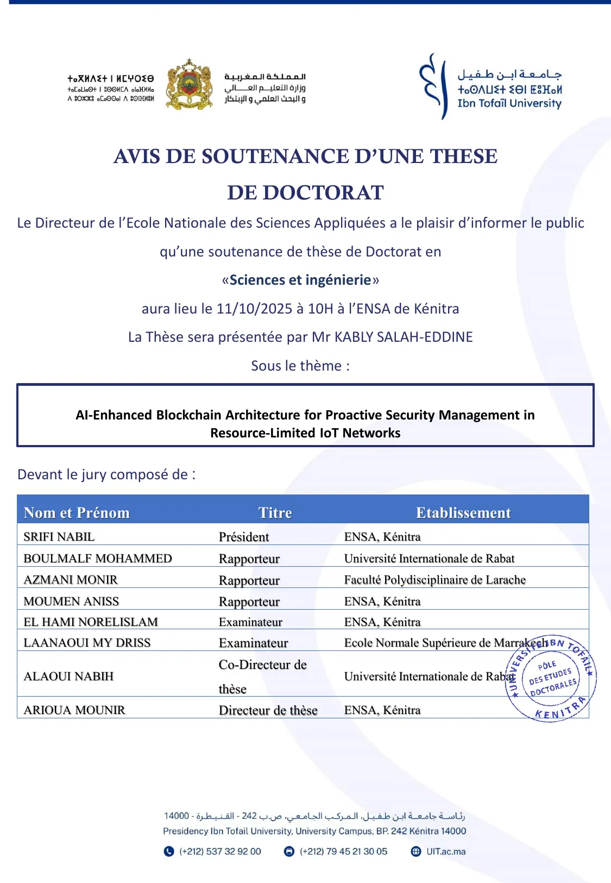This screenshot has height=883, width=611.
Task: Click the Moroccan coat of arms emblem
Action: coord(188,85)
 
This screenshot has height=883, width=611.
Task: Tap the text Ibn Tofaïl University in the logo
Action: coord(509,103)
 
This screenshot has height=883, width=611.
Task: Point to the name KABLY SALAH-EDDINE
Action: coord(404,337)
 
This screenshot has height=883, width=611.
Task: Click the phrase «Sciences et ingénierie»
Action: coord(300,280)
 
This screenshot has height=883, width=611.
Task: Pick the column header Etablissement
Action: coord(463,512)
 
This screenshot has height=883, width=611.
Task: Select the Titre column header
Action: coord(275,512)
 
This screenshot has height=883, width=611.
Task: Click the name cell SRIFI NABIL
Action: coord(59,537)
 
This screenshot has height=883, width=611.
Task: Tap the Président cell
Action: coord(244,537)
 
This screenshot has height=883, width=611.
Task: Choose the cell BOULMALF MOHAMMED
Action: coord(98,559)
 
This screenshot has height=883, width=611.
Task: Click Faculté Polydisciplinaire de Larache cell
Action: coord(434,580)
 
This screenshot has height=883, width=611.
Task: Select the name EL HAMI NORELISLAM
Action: coord(91,622)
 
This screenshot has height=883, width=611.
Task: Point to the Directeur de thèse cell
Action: coord(268,710)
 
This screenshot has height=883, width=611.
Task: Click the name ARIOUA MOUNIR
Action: coord(74,710)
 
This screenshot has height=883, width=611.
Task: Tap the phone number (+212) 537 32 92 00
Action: coord(220,851)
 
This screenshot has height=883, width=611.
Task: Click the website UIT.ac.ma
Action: coord(445,851)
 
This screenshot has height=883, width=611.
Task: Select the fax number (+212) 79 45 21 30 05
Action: coord(343,851)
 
